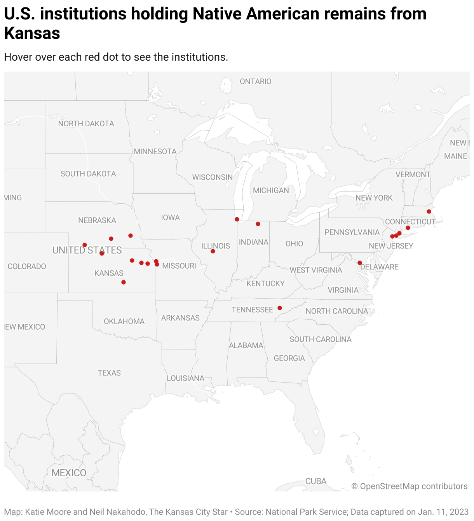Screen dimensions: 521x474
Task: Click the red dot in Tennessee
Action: [x=280, y=308]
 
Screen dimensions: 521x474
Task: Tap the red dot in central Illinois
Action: [x=213, y=251]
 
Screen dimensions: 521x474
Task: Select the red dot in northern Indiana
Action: [x=258, y=224]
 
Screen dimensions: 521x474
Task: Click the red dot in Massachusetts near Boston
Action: [x=429, y=212]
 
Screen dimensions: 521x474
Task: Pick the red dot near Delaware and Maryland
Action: [x=360, y=263]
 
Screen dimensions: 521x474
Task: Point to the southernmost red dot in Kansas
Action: [x=124, y=282]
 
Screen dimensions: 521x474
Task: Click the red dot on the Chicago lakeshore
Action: [x=237, y=219]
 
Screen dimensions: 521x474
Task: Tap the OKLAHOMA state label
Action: [x=124, y=322]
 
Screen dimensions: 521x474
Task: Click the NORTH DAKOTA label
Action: [x=86, y=124]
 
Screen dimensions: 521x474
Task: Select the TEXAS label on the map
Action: [x=109, y=373]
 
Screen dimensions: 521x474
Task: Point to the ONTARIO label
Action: [x=256, y=81]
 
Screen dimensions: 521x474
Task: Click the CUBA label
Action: [x=316, y=481]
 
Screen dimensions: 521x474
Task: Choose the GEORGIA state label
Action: [x=289, y=358]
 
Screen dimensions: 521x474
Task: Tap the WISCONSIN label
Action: [x=213, y=177]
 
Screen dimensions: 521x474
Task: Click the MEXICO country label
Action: [x=69, y=473]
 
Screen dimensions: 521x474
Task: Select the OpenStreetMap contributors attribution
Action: [x=410, y=486]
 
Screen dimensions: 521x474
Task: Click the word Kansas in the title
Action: [x=32, y=33]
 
